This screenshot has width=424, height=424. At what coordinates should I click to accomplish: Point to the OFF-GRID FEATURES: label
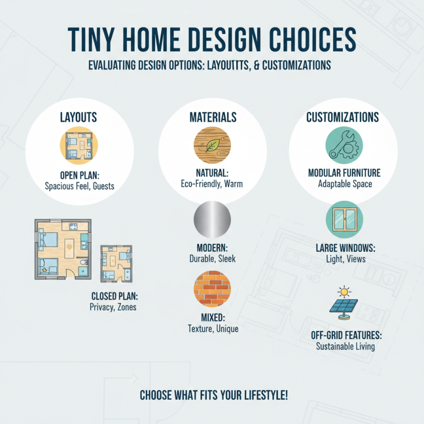pos(346,335)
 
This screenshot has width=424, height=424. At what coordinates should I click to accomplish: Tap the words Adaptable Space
pos(345,184)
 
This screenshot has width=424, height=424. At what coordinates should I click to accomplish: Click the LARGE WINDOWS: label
pos(345,248)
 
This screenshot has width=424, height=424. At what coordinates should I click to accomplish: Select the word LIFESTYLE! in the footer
pos(260,395)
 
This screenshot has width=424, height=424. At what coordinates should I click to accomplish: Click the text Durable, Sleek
pos(212,259)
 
